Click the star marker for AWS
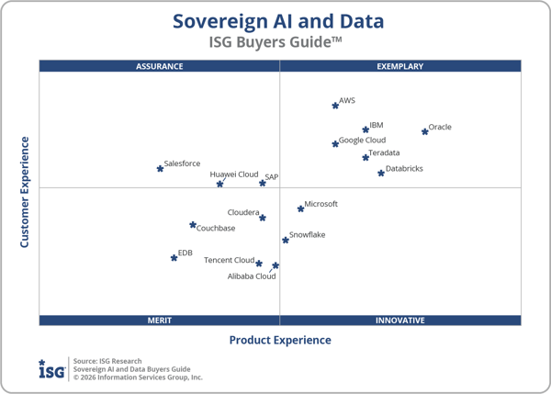point(335,106)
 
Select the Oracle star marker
point(424,131)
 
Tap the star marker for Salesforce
point(160,168)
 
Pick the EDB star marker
point(174,257)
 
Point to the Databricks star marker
point(381,173)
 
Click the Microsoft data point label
point(321,204)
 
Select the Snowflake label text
point(307,235)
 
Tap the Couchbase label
point(216,229)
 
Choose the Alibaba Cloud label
point(252,276)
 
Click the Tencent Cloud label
point(229,260)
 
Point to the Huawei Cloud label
point(234,174)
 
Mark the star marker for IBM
point(365,129)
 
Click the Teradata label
point(384,153)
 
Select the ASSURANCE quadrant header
point(160,66)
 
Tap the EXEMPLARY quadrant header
point(400,66)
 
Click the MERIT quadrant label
point(160,321)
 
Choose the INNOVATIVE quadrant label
point(400,321)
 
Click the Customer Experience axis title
point(25,193)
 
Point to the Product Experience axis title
point(280,341)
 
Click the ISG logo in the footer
point(51,369)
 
